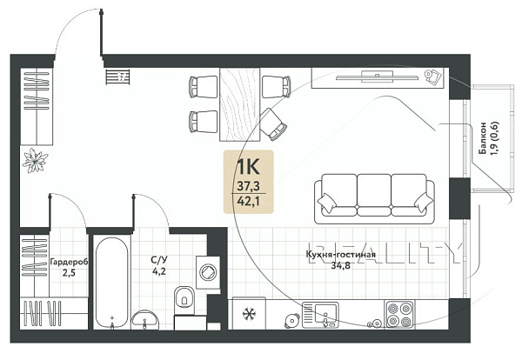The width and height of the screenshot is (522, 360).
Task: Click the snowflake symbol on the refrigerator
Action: click(248, 314)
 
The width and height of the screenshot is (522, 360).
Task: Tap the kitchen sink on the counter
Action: click(320, 315)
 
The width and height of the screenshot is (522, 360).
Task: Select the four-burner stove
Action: click(399, 315)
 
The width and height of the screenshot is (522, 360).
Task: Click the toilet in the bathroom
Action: click(184, 300)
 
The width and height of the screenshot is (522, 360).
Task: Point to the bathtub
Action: click(112, 283)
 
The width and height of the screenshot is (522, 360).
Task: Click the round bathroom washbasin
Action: click(145, 320)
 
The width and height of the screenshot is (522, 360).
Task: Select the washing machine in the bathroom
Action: click(208, 272)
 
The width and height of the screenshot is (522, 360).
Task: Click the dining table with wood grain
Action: click(240, 104)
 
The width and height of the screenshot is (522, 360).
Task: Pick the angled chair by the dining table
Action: click(273, 124)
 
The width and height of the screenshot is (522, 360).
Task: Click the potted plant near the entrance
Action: click(35, 160)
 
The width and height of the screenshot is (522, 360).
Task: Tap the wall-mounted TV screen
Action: click(378, 77)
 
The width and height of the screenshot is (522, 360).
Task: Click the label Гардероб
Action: click(69, 263)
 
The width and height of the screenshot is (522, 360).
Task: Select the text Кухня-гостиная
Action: click(340, 255)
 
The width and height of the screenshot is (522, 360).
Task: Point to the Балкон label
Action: click(482, 137)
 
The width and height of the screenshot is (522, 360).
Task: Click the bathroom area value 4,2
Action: click(159, 271)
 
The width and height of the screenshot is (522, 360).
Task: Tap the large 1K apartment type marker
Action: click(248, 167)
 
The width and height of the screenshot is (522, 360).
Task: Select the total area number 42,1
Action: click(248, 201)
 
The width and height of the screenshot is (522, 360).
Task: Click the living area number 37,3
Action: click(248, 186)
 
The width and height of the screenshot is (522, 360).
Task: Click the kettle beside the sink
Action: click(292, 321)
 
